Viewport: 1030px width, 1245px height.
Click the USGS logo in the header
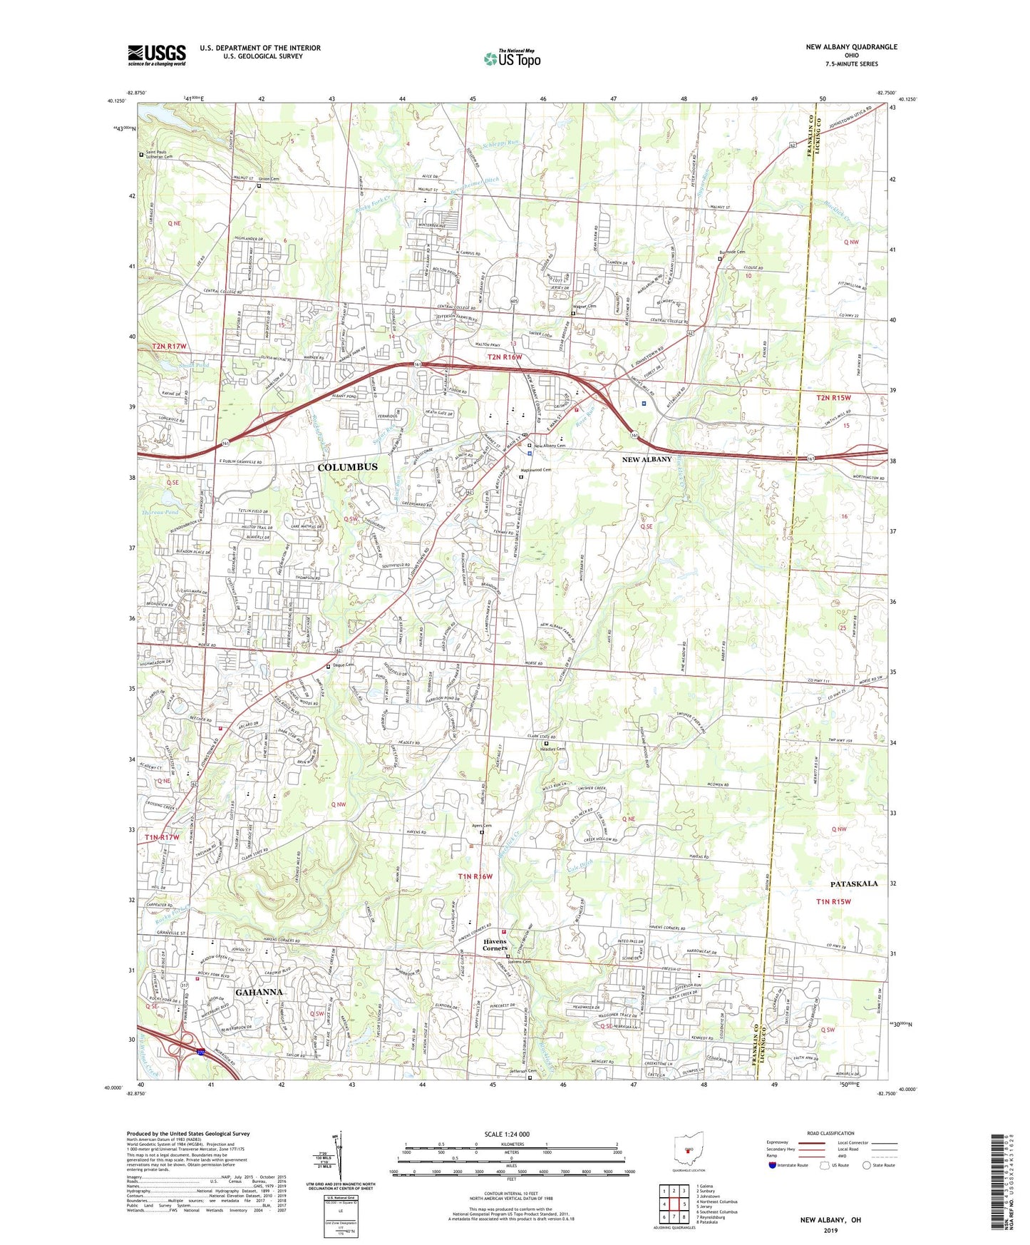[157, 55]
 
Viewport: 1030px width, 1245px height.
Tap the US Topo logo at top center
[512, 58]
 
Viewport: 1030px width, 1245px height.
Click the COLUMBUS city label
[347, 467]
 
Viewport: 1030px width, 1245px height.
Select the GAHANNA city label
[259, 992]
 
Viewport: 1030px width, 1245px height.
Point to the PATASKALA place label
[854, 883]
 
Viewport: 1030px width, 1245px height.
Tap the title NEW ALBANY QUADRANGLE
[851, 47]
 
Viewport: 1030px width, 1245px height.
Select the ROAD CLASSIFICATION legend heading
[830, 1133]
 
